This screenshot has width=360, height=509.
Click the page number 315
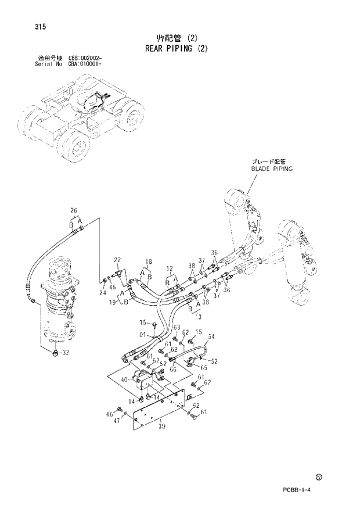coord(40,27)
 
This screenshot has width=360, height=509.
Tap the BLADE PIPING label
coord(272,169)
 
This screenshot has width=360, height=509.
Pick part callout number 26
coord(74,210)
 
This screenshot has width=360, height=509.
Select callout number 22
coord(117,260)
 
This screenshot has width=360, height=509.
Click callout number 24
coord(103,293)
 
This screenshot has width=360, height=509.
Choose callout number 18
coord(148,261)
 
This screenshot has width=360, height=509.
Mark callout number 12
coord(170,268)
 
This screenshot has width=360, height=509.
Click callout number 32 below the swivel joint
coord(66,353)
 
